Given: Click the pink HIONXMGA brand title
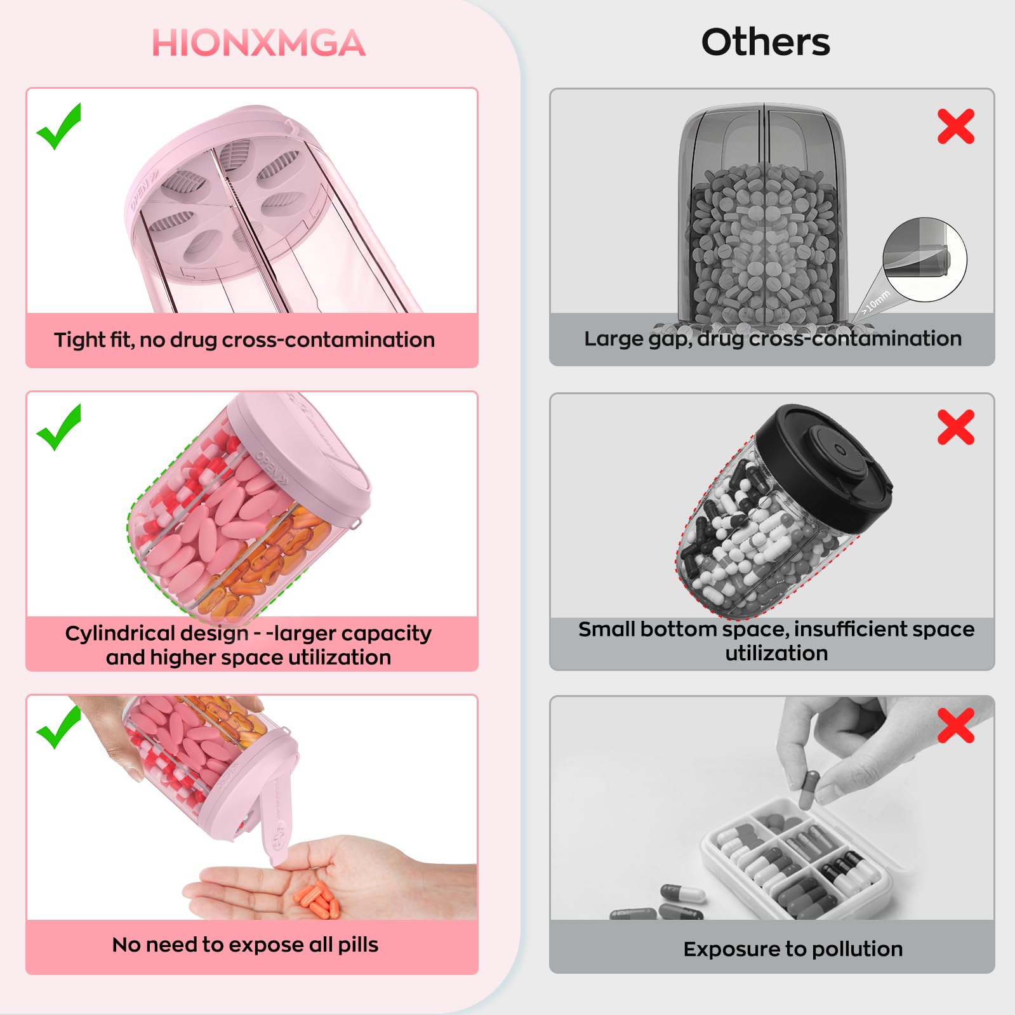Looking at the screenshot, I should (258, 43).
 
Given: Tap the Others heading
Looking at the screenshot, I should (765, 43).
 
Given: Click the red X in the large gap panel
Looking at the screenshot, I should (955, 126).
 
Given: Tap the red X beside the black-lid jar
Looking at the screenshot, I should (955, 427).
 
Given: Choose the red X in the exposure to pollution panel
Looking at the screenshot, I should (955, 726).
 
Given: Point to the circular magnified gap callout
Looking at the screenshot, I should (924, 260).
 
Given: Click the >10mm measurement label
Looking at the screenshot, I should (876, 302).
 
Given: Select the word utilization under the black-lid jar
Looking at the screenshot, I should (776, 653).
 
